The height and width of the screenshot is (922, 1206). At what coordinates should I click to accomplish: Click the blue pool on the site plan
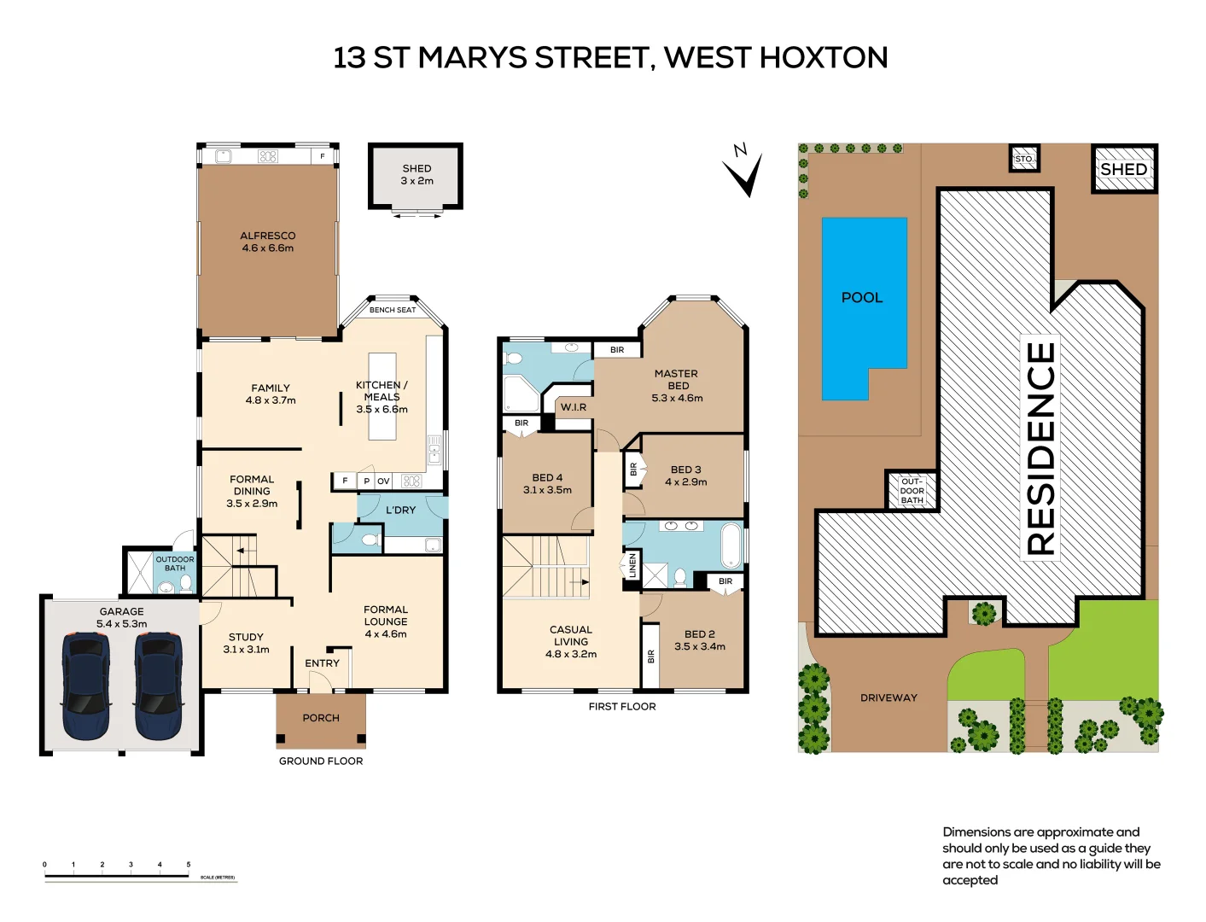(863, 307)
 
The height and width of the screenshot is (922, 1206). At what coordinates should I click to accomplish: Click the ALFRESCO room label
(267, 236)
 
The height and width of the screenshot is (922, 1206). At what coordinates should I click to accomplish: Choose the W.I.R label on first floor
(573, 407)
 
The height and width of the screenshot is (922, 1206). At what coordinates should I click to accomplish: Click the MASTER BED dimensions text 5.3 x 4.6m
(677, 398)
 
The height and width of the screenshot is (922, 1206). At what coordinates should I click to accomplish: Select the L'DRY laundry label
(400, 510)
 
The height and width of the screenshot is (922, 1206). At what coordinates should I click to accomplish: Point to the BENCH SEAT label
(393, 310)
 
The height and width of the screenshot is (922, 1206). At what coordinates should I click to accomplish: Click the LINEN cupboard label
(632, 565)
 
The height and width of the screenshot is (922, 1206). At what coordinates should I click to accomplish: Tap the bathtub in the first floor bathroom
(731, 545)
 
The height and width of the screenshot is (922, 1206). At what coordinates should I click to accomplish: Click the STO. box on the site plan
(1024, 159)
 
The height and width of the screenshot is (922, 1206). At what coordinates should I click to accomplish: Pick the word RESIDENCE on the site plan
(1040, 448)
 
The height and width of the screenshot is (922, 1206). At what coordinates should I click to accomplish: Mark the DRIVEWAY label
(888, 697)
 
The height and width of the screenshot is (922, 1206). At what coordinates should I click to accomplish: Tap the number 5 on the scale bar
(189, 864)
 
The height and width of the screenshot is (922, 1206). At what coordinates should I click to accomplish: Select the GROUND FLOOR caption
(321, 761)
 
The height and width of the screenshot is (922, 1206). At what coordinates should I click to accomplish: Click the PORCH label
(321, 718)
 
